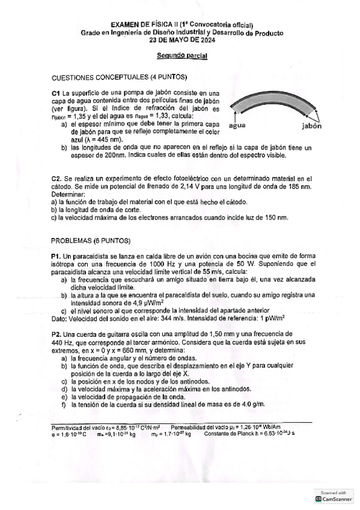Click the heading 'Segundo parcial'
182,56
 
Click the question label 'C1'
56,93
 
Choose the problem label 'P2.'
57,334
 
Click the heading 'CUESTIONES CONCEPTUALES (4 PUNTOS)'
120,78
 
